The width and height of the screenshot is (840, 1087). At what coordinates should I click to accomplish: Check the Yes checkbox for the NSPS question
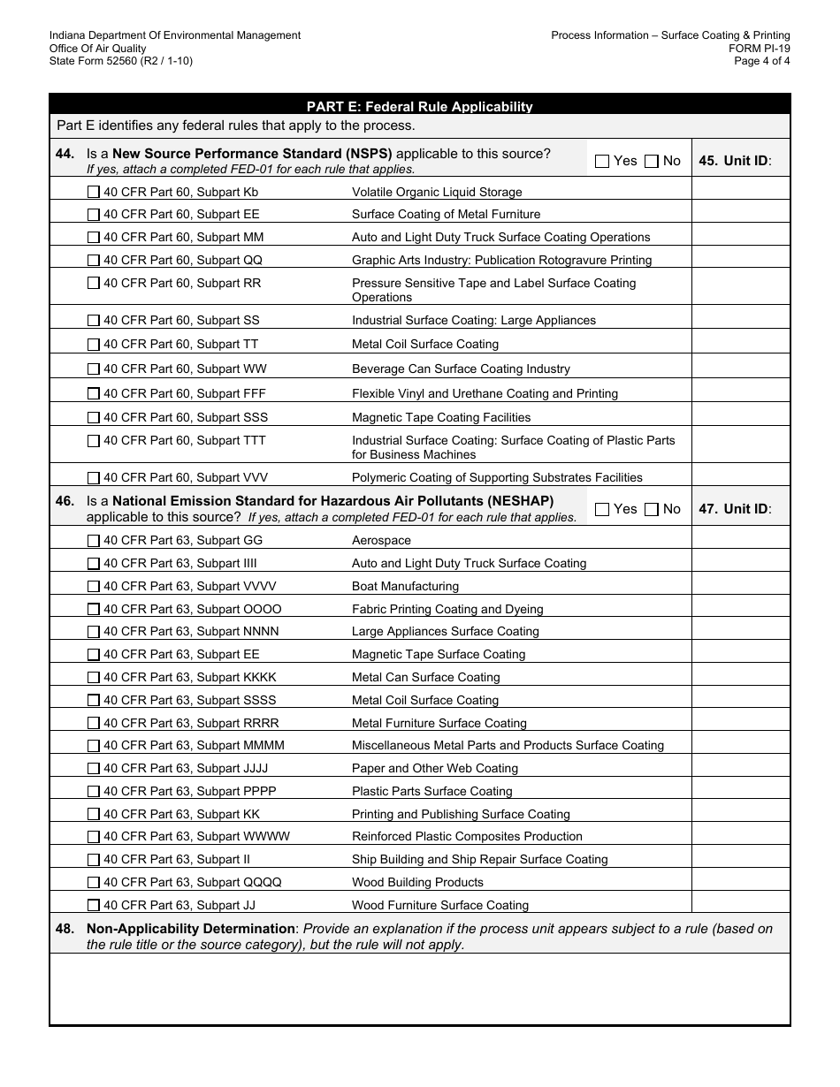(x=602, y=161)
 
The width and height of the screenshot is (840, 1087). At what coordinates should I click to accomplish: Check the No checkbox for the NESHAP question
(x=652, y=509)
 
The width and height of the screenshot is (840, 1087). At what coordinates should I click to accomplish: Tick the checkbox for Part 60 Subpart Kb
(x=94, y=192)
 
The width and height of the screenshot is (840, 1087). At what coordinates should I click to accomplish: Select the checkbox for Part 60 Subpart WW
(x=94, y=369)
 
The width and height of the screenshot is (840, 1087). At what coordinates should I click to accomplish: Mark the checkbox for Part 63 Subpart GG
(x=94, y=540)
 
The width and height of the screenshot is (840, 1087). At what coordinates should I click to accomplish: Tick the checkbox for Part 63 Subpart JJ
(x=94, y=905)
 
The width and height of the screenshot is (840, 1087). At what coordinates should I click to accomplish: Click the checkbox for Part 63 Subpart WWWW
(x=94, y=836)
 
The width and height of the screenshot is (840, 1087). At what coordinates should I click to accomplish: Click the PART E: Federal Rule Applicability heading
(x=419, y=107)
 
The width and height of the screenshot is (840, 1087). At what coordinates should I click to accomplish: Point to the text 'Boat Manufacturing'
(x=405, y=586)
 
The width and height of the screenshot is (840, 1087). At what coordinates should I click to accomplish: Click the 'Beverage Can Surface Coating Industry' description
(x=461, y=369)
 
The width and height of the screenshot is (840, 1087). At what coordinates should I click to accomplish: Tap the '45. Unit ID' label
(x=735, y=161)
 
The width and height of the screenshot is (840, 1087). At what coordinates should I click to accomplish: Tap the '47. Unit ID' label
(x=735, y=509)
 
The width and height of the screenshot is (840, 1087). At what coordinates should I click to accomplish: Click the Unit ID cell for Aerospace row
(x=740, y=540)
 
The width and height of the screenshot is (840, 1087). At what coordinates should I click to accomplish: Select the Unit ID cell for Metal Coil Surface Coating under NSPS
(x=740, y=344)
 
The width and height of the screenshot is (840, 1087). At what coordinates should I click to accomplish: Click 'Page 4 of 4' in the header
(x=761, y=61)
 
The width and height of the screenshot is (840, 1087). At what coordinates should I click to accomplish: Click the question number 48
(x=65, y=928)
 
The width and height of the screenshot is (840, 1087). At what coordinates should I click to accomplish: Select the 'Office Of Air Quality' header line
(x=98, y=49)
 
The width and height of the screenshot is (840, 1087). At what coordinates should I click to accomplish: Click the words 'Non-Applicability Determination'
(x=190, y=928)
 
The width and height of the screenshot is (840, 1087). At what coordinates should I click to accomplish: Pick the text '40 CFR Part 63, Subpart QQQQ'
(x=192, y=882)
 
